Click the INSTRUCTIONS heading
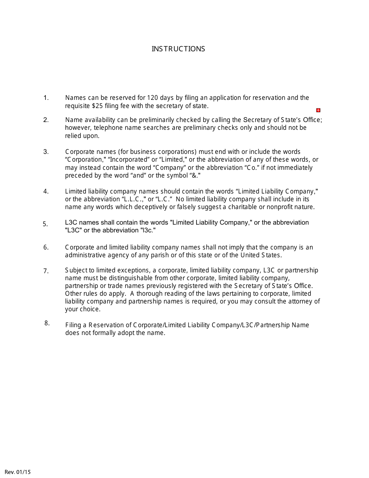pyautogui.click(x=178, y=49)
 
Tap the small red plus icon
pyautogui.click(x=318, y=110)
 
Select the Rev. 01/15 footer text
pyautogui.click(x=18, y=472)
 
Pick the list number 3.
pyautogui.click(x=46, y=152)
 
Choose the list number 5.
pyautogui.click(x=45, y=224)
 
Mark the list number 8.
pyautogui.click(x=47, y=323)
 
